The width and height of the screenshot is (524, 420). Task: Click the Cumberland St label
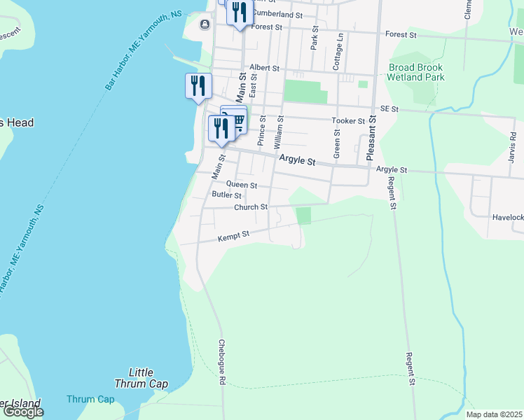[x=277, y=14]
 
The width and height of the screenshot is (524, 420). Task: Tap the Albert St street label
[x=264, y=69]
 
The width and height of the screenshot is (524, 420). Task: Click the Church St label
[x=251, y=207]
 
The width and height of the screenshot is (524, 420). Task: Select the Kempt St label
[x=234, y=237]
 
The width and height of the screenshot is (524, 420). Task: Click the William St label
[x=279, y=132]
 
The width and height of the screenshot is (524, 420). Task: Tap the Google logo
[x=23, y=412]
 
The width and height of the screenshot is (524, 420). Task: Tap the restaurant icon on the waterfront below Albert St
[x=198, y=86]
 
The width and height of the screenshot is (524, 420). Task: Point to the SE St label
[x=389, y=109]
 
